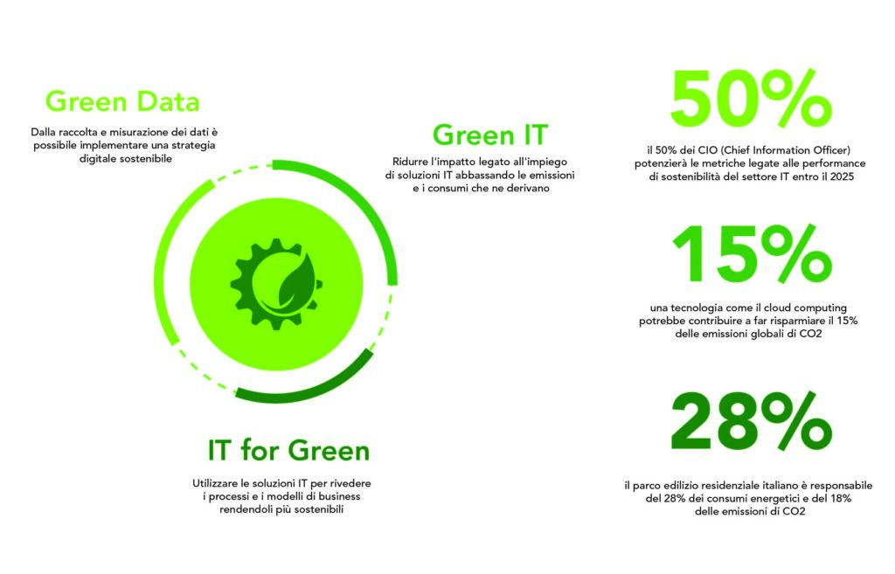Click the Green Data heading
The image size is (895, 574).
click(122, 102)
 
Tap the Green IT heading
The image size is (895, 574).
click(490, 135)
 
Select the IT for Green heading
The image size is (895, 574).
click(288, 450)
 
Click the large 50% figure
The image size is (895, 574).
click(751, 99)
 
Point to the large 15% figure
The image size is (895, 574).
click(753, 254)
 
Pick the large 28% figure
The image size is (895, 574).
click(751, 421)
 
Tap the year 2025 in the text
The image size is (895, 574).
click(842, 176)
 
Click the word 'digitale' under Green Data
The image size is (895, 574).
click(95, 159)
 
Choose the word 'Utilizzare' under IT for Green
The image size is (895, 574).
click(215, 483)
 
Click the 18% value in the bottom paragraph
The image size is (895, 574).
click(839, 499)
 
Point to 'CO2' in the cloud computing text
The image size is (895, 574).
click(810, 335)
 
